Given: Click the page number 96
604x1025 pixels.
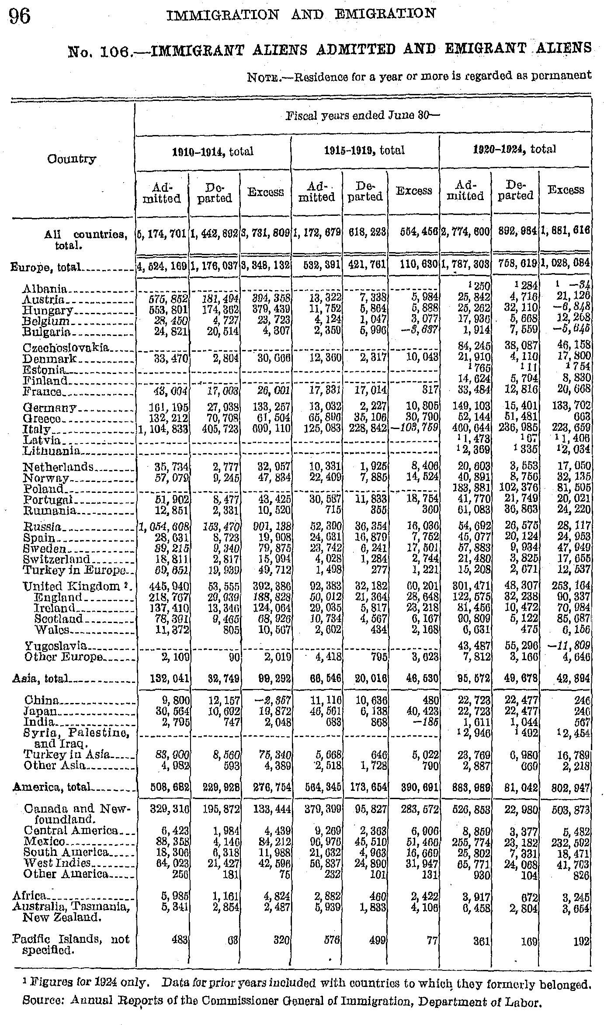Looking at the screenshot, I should [20, 16].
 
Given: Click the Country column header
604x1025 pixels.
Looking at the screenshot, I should [72, 158].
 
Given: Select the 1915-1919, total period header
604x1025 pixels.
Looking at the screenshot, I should [364, 150].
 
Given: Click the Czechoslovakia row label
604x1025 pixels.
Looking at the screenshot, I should [65, 348].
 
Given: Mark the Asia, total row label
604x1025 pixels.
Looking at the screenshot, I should [40, 678].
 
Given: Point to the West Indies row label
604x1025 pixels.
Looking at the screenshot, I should [57, 863].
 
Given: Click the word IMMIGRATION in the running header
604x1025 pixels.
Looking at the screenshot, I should [223, 14].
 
